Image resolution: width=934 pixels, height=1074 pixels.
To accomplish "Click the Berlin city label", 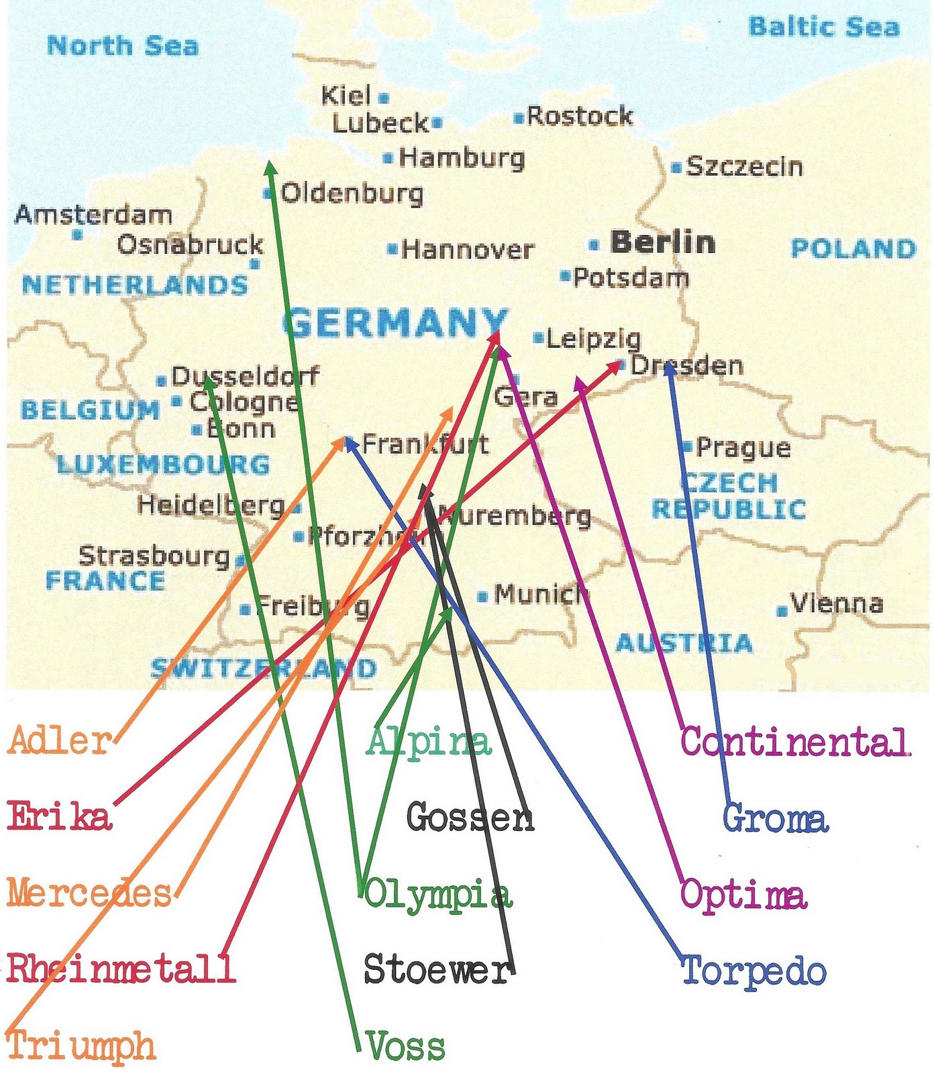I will point(663,242).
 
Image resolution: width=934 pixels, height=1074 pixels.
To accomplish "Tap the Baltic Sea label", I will point(823,27).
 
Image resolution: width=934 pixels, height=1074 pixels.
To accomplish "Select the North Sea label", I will point(123,46).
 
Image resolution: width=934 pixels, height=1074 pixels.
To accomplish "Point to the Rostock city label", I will point(580,116).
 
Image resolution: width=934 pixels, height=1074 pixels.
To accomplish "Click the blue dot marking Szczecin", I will point(676,167).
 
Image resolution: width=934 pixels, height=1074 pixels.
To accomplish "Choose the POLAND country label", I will point(853,248).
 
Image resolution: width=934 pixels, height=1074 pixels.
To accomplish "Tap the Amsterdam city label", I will point(93,215).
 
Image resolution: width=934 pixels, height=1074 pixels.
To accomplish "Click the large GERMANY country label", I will point(396,323).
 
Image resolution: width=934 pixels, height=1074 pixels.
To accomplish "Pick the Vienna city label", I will point(837,603).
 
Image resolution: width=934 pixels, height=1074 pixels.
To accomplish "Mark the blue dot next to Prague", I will point(687,446).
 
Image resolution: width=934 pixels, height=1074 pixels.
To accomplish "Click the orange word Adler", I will point(60,740).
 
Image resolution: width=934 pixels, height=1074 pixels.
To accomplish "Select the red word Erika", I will point(59,817).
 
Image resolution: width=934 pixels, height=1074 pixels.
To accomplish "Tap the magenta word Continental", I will point(796,742).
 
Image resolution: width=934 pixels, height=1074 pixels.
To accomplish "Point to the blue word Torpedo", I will point(754,971).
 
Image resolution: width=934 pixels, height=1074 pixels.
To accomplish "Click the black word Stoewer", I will point(437,969).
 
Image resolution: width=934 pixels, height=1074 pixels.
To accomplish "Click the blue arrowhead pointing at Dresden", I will point(669,369).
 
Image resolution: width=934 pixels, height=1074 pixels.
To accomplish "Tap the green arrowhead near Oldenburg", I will point(270,168).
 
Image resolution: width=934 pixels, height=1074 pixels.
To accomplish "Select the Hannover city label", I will point(468,250).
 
